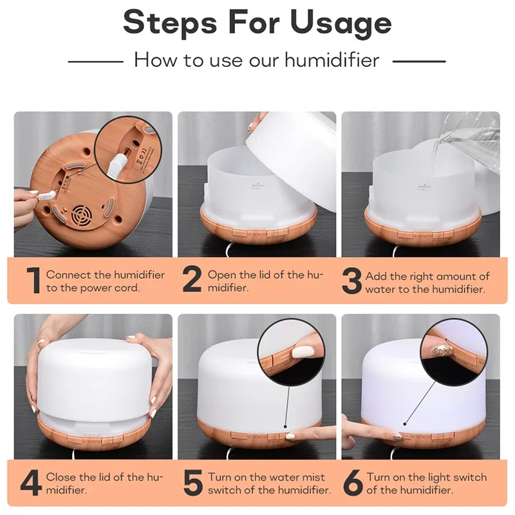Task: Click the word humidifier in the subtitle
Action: (x=327, y=61)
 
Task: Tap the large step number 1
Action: (x=32, y=281)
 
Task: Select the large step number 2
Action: (x=192, y=281)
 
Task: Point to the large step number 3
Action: (x=351, y=281)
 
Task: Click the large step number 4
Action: (x=32, y=484)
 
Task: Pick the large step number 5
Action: (x=192, y=484)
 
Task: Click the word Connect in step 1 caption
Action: (x=69, y=275)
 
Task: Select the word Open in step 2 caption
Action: (x=221, y=275)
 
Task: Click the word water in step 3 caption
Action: (x=380, y=289)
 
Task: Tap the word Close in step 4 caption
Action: (x=62, y=478)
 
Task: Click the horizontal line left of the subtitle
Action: (x=95, y=61)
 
